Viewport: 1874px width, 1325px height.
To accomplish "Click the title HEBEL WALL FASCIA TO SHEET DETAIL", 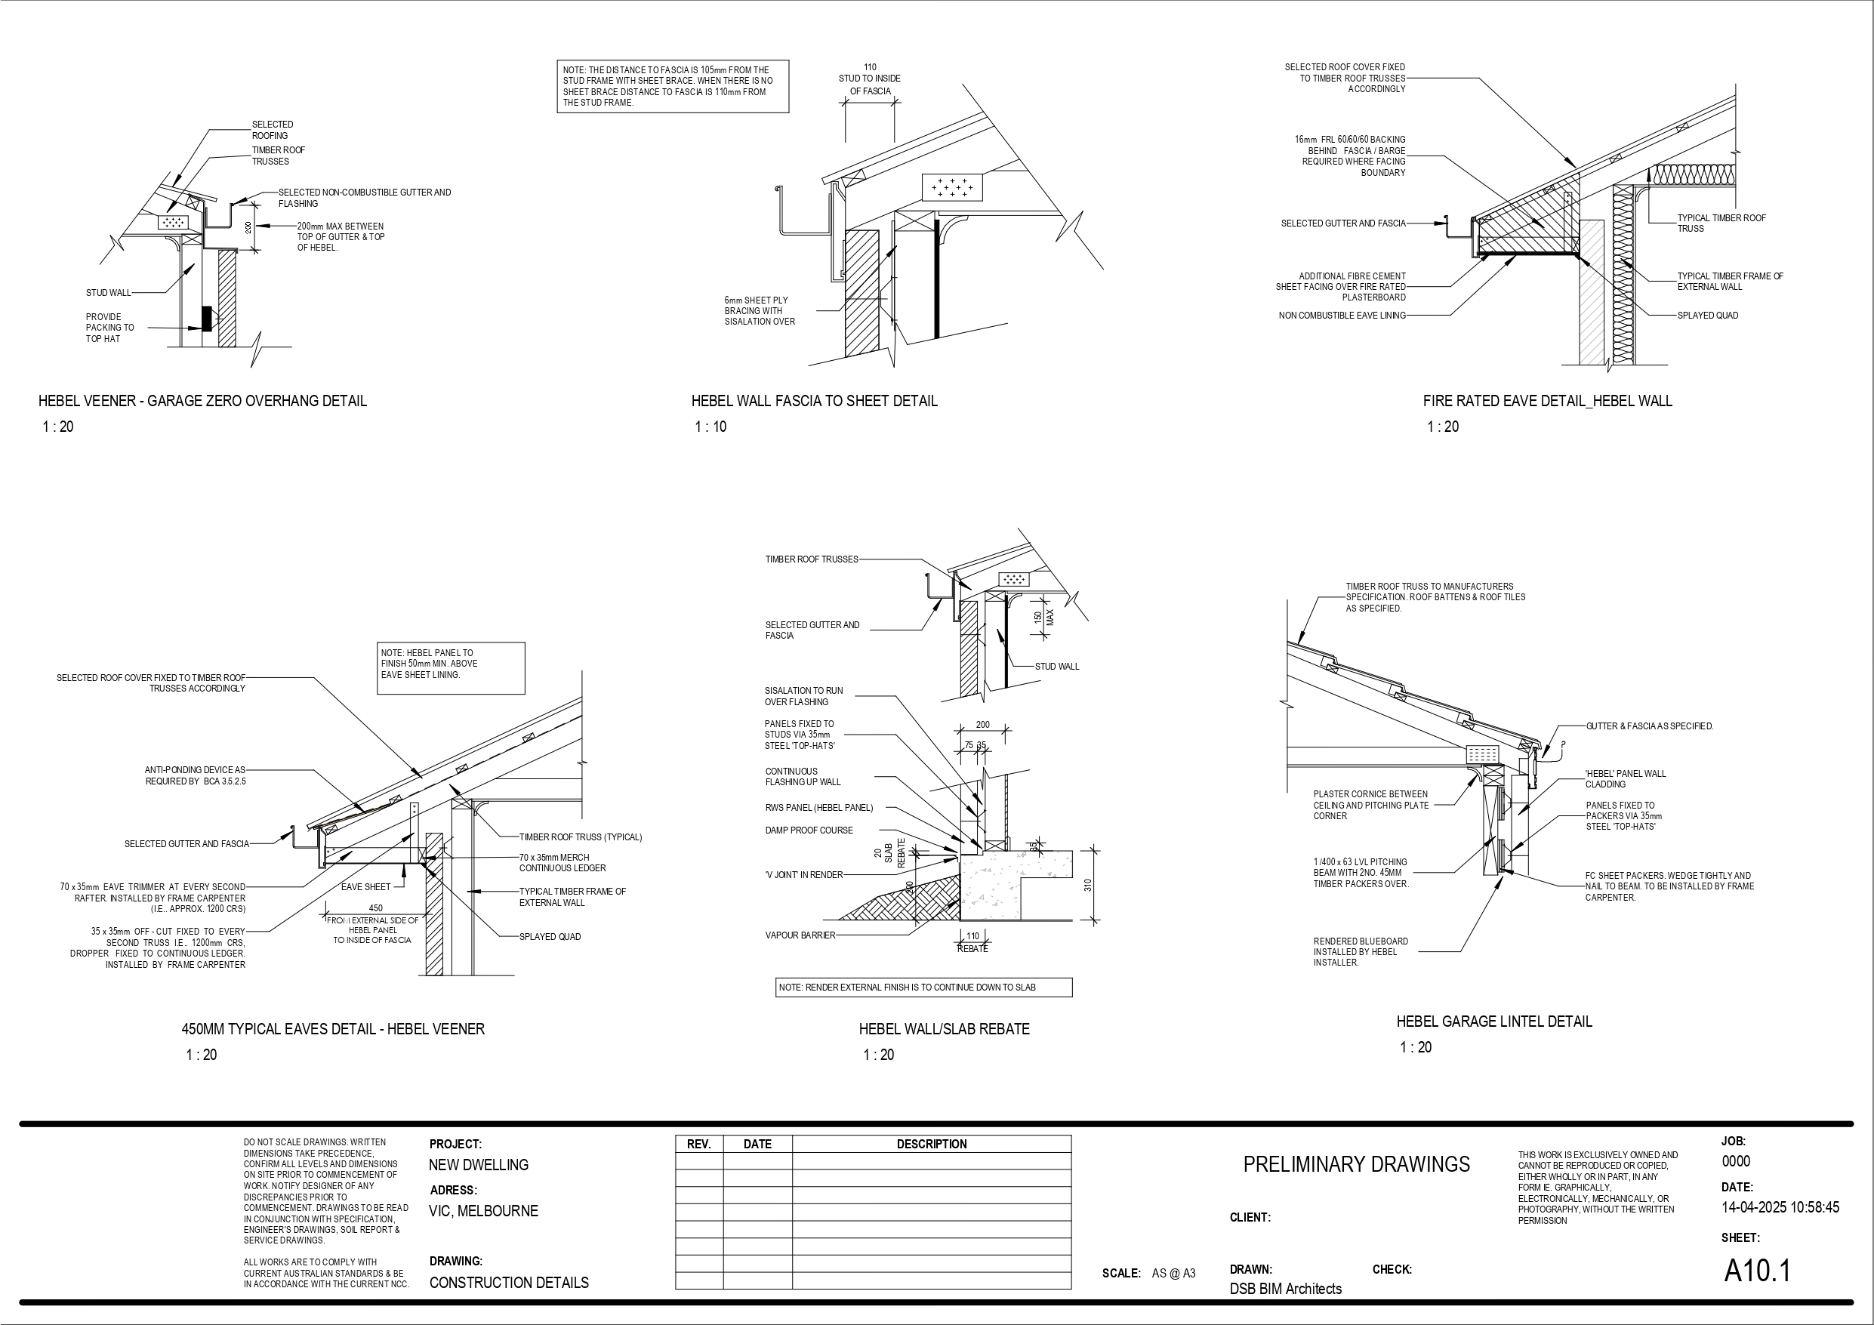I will tap(814, 401).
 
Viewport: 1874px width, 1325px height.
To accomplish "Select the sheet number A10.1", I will tap(1756, 1271).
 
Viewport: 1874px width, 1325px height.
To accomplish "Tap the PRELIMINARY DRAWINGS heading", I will tap(1356, 1164).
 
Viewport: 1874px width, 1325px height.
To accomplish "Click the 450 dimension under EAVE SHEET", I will tap(375, 907).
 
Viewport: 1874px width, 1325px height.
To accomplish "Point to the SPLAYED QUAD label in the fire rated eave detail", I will tap(1706, 315).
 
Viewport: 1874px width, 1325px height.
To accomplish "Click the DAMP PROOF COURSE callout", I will tap(808, 830).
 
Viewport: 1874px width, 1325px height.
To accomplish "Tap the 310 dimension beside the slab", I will tap(1087, 885).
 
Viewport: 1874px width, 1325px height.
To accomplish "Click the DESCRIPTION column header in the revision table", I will tap(931, 1145).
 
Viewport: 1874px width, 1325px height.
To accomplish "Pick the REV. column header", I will tap(698, 1145).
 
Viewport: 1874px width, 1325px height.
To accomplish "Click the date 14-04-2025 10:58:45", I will tap(1780, 1207).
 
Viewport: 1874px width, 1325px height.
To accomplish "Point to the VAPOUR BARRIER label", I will tap(800, 935).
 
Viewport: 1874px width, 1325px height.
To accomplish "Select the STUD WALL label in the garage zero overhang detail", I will tap(108, 292).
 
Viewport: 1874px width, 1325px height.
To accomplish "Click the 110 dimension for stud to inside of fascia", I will tap(870, 68).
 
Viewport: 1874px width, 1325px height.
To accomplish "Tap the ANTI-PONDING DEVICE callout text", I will tap(195, 775).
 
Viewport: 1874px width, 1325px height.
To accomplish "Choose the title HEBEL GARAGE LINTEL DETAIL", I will tap(1493, 1021).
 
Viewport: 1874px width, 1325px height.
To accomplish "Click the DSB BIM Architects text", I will tap(1286, 1288).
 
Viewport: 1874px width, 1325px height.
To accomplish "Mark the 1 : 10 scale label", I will tap(710, 426).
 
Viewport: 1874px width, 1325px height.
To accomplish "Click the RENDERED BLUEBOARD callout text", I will tap(1360, 952).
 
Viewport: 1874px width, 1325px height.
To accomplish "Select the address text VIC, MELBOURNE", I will tap(483, 1211).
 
